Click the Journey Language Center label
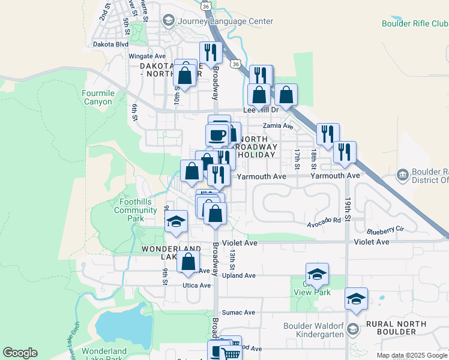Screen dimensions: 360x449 point(224,21)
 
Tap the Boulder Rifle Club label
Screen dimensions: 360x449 point(415,24)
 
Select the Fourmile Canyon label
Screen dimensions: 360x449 point(97,97)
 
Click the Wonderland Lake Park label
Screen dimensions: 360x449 point(104,355)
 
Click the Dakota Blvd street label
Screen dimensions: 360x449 point(114,44)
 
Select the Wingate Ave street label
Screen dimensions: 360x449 point(146,56)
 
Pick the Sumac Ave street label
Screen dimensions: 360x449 point(238,313)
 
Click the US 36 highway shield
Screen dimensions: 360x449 point(206,5)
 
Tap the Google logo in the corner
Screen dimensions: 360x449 point(20,353)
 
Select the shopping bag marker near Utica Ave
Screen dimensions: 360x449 point(188,262)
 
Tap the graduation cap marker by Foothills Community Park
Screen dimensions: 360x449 point(176,221)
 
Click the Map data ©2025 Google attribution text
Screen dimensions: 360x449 point(411,355)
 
